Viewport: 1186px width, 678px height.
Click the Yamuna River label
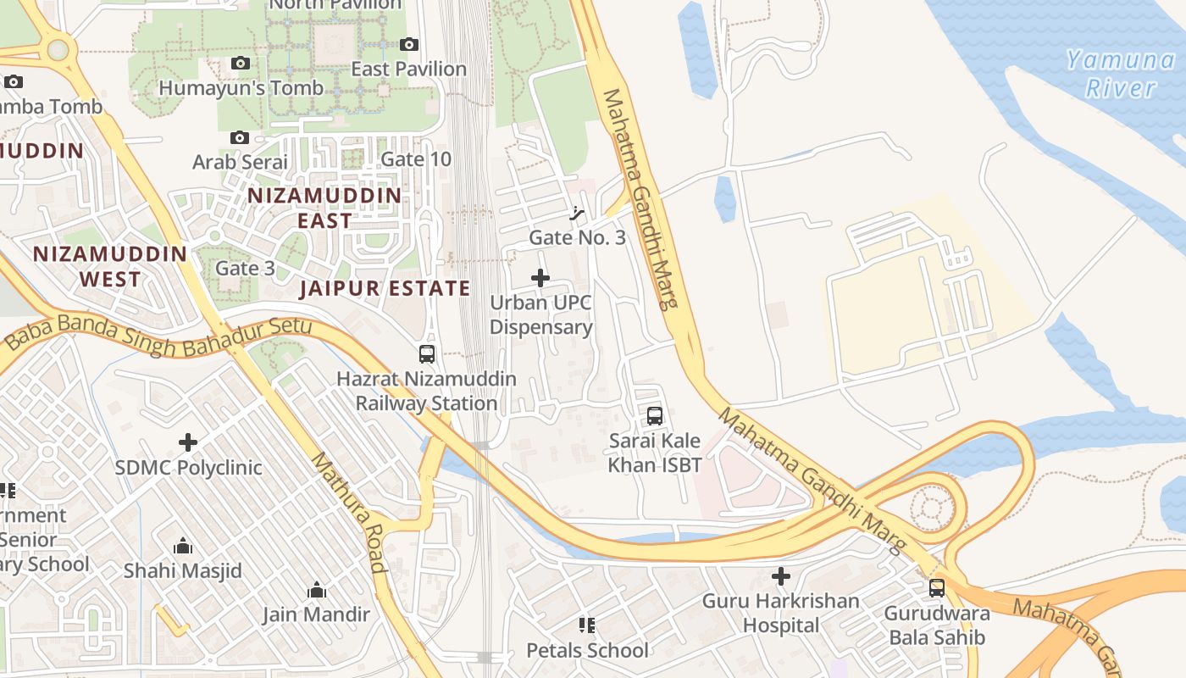point(1120,74)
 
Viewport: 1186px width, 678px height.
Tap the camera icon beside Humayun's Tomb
point(241,64)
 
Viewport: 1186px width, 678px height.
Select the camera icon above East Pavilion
point(409,44)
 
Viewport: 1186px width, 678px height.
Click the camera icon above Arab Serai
point(240,137)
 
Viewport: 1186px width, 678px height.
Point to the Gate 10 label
point(416,159)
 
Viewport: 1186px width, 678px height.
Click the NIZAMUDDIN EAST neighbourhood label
point(324,208)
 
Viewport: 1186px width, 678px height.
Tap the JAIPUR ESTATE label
point(385,288)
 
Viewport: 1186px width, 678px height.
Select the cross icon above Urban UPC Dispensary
point(540,278)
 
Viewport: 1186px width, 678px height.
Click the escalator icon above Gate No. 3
point(578,213)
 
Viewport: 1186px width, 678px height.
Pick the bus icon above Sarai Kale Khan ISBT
point(655,416)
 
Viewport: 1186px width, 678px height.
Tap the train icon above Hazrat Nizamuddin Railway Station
point(427,354)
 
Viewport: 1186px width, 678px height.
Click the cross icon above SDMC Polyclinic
point(188,442)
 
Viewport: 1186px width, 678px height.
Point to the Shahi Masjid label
point(183,570)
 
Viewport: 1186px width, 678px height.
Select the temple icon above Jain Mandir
point(317,590)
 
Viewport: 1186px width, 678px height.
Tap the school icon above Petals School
point(587,625)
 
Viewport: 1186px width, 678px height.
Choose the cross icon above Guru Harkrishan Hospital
point(781,577)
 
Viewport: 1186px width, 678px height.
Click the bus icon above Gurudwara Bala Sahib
point(937,588)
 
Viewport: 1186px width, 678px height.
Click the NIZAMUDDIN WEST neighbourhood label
point(110,266)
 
